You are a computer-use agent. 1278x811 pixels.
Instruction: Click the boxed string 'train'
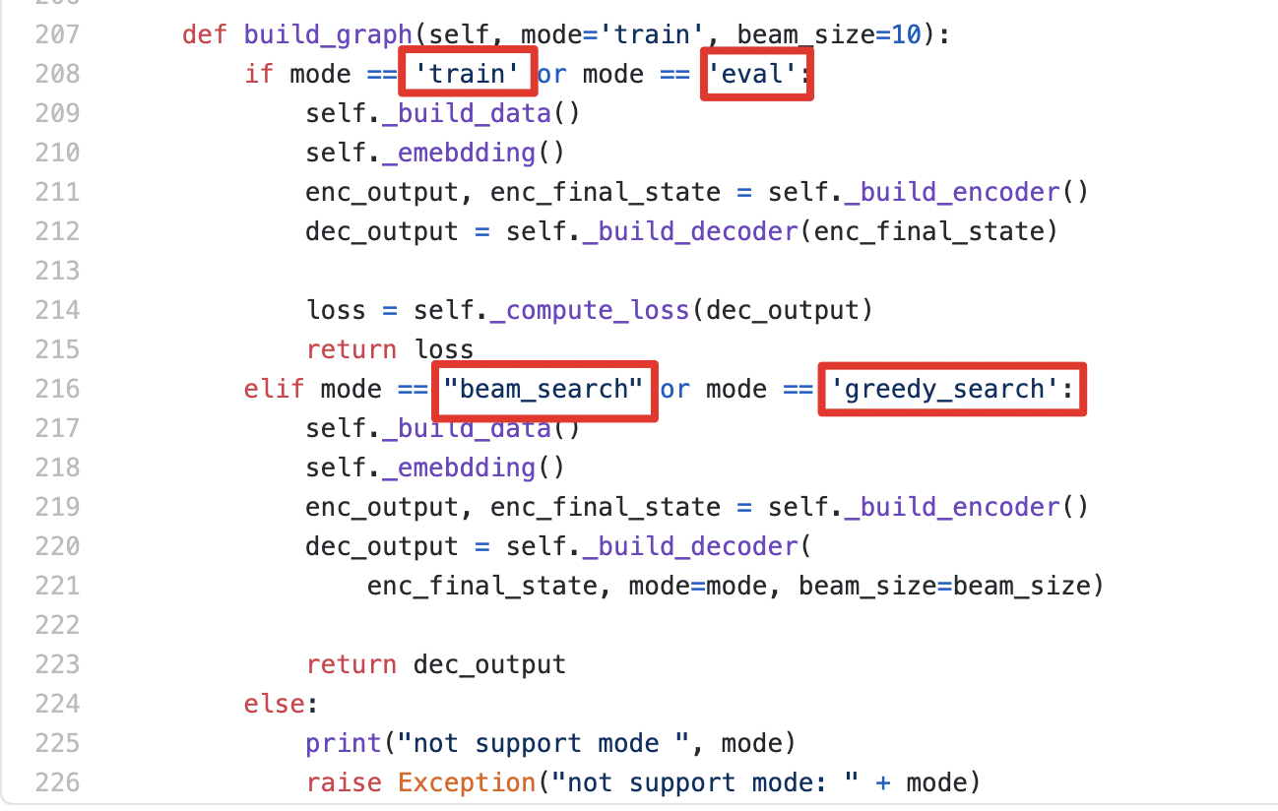pyautogui.click(x=467, y=74)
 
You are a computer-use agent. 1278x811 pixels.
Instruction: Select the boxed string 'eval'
pyautogui.click(x=754, y=74)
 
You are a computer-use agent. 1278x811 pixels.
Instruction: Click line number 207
pyautogui.click(x=56, y=34)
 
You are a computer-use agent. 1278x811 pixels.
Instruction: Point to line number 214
pyautogui.click(x=56, y=310)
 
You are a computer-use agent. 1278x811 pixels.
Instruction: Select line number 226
pyautogui.click(x=56, y=782)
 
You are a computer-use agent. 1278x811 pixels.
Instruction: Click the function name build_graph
pyautogui.click(x=327, y=34)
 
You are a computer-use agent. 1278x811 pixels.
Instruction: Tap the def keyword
pyautogui.click(x=205, y=34)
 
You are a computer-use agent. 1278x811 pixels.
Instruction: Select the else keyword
pyautogui.click(x=275, y=704)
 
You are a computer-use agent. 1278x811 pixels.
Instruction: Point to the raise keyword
pyautogui.click(x=344, y=782)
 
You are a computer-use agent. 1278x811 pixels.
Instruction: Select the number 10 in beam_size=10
pyautogui.click(x=906, y=34)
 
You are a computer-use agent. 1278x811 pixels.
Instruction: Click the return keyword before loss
pyautogui.click(x=351, y=349)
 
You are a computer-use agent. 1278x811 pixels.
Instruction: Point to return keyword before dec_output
pyautogui.click(x=351, y=664)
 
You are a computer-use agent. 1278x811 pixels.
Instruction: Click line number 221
pyautogui.click(x=56, y=586)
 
